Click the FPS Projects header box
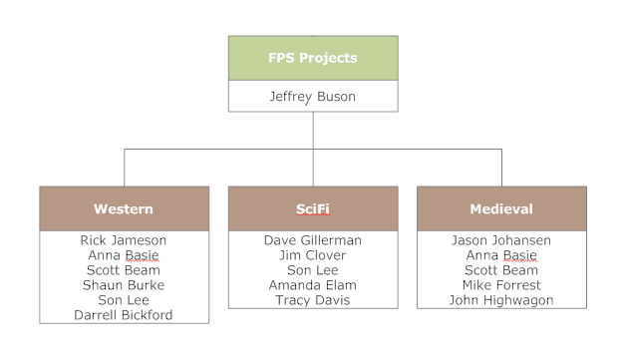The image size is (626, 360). tap(312, 58)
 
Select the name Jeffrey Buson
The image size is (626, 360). tap(312, 97)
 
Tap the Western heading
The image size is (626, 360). tap(124, 209)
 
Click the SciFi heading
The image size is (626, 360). tap(312, 209)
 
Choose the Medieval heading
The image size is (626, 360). tap(500, 209)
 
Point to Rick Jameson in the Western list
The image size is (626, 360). tap(124, 240)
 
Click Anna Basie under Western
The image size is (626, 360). tap(124, 255)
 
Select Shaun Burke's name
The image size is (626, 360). tap(124, 285)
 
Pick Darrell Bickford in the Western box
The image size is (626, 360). tap(124, 315)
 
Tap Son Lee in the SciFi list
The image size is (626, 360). tap(312, 270)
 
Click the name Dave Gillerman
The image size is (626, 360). tap(312, 240)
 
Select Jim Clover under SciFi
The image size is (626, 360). tap(312, 255)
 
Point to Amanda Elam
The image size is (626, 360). tap(312, 285)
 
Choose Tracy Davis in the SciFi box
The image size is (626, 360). tap(312, 300)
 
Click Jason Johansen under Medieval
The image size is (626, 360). tap(500, 240)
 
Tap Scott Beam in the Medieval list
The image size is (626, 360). tap(500, 270)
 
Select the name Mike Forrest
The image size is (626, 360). tap(500, 285)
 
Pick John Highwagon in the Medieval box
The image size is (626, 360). tap(500, 300)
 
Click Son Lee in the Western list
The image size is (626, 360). tap(124, 300)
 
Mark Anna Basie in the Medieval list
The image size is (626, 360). tap(500, 255)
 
